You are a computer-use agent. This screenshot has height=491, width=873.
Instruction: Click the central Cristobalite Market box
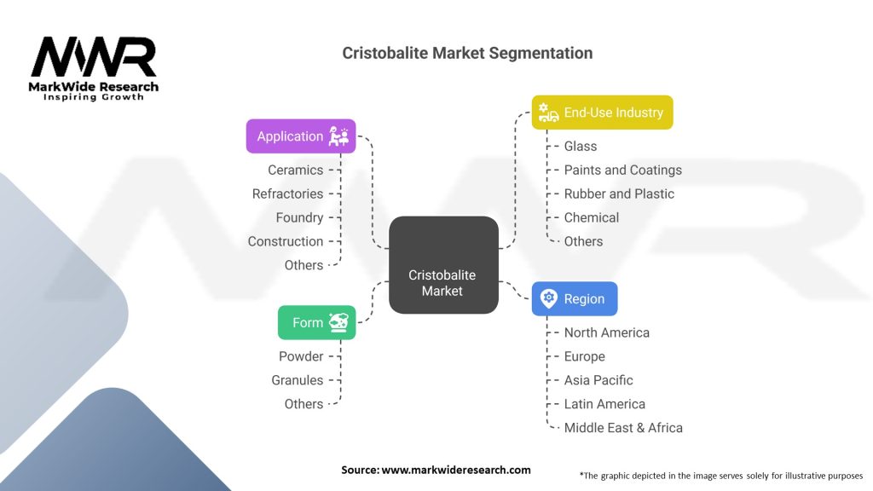tap(442, 264)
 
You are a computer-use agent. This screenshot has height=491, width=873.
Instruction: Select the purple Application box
tap(300, 136)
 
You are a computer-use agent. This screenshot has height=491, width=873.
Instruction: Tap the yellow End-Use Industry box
tap(602, 113)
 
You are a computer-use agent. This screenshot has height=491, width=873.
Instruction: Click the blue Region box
tap(574, 299)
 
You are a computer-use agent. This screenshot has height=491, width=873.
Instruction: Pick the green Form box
tap(316, 322)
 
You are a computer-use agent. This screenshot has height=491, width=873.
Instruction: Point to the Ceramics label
tap(295, 170)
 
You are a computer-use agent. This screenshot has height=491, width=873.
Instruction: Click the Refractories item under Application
tap(287, 194)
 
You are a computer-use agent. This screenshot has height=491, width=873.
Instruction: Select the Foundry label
tap(299, 217)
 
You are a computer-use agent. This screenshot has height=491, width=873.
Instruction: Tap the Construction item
tap(286, 241)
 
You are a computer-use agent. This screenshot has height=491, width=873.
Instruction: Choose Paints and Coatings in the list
tap(622, 170)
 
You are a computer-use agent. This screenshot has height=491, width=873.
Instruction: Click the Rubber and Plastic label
tap(619, 194)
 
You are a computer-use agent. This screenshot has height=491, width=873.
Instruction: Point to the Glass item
tap(581, 146)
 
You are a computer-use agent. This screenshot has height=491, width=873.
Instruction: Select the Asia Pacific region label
tap(598, 380)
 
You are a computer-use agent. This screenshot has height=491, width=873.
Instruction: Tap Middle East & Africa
tap(623, 428)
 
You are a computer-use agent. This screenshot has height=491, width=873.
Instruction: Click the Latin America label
tap(604, 404)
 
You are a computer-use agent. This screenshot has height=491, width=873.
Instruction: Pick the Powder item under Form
tap(301, 356)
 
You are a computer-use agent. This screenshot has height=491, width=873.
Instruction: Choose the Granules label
tap(298, 380)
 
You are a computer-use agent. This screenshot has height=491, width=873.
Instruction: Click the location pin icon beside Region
tap(548, 299)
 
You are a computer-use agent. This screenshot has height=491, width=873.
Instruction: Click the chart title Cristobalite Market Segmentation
tap(467, 53)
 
